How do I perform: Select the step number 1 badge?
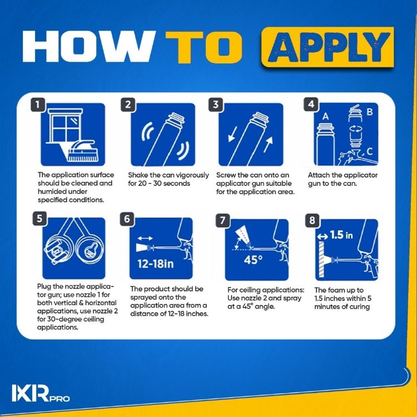[x=37, y=105]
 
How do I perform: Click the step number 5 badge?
[x=37, y=219]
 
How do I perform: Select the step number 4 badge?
[x=312, y=105]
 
